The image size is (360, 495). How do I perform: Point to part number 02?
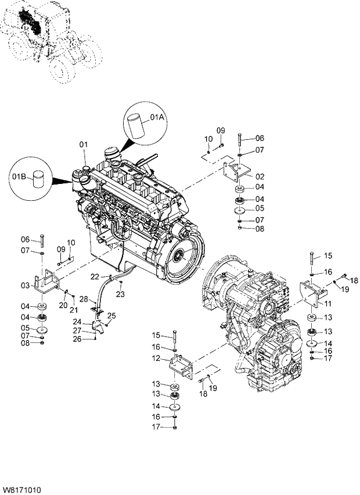tap(260, 176)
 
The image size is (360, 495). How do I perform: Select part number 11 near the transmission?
tap(328, 304)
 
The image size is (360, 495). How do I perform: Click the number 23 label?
tap(120, 294)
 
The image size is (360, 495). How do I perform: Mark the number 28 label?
tap(84, 299)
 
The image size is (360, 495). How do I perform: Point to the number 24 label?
tap(77, 321)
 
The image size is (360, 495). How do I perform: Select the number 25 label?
tap(111, 315)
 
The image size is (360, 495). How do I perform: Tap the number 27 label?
tap(77, 331)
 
